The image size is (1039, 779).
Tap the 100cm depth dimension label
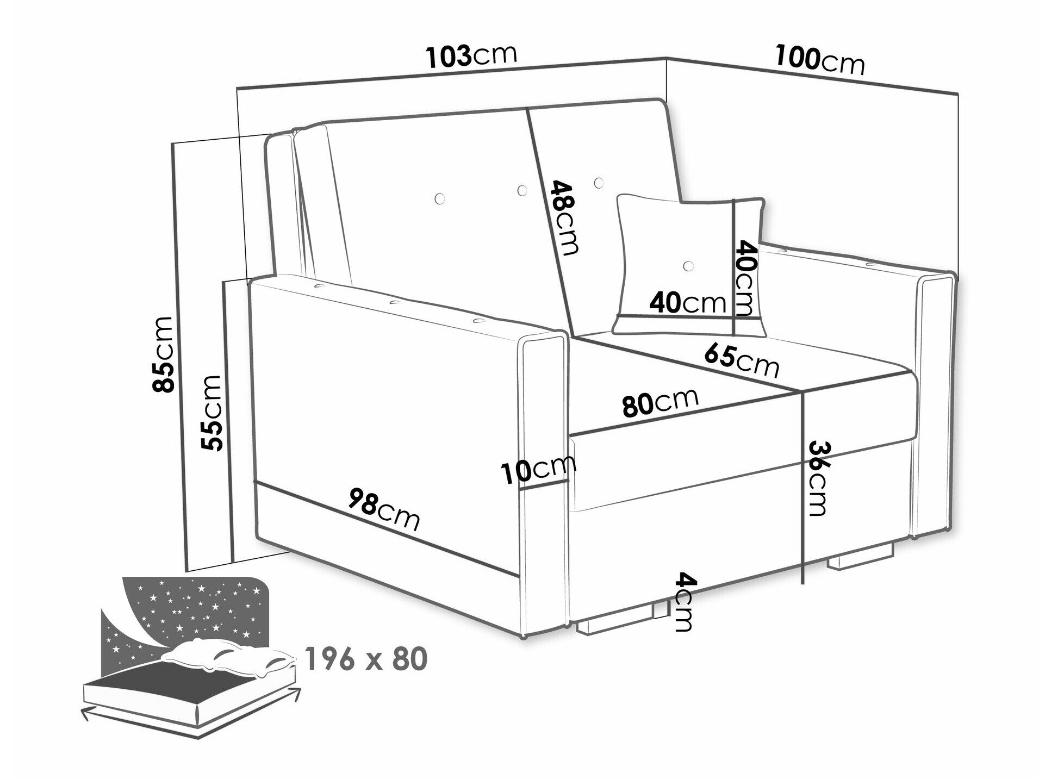pyautogui.click(x=819, y=60)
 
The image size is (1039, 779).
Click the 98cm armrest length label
pyautogui.click(x=384, y=509)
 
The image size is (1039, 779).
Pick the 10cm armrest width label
pyautogui.click(x=538, y=469)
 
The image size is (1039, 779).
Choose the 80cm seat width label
pyautogui.click(x=660, y=402)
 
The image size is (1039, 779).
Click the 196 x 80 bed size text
pyautogui.click(x=366, y=659)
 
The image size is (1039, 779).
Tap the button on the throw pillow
pyautogui.click(x=689, y=266)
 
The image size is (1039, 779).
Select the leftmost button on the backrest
pyautogui.click(x=440, y=198)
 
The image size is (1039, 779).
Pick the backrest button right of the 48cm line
pyautogui.click(x=599, y=183)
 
